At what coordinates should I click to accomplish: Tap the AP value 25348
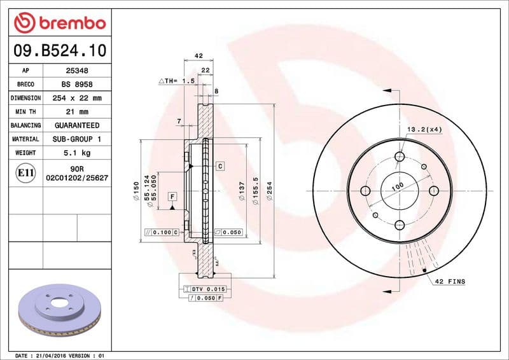77,71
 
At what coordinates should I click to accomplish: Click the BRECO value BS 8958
77,85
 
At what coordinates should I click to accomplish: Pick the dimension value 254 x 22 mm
77,99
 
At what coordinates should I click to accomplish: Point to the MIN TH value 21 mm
77,112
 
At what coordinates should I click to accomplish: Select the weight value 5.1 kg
77,153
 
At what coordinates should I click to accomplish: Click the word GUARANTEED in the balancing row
77,126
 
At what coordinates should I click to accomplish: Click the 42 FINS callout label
450,281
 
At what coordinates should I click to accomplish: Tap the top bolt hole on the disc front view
400,157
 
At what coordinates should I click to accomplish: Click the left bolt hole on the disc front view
366,191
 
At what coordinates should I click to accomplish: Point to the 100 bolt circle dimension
398,186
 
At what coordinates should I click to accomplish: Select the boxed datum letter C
220,166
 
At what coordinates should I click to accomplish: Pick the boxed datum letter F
172,197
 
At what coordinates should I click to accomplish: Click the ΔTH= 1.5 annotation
176,81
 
